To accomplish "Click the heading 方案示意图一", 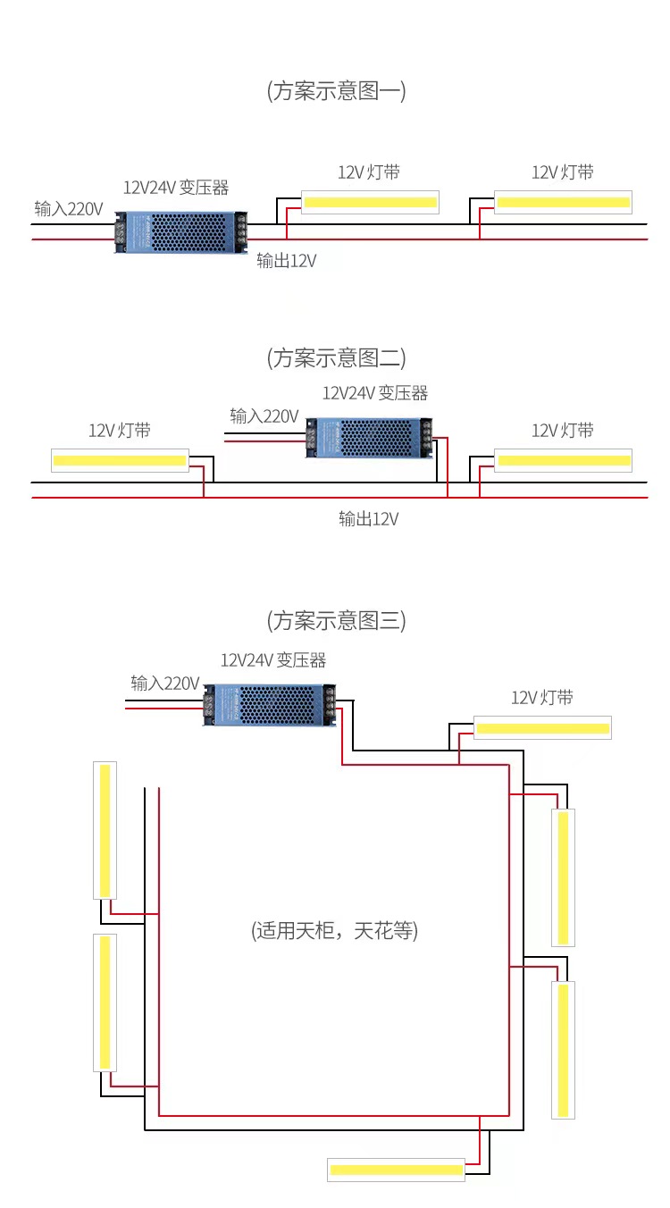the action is click(x=336, y=90).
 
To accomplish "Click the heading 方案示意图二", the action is click(x=336, y=357).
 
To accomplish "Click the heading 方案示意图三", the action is click(x=336, y=620).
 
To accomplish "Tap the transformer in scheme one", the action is click(x=181, y=232).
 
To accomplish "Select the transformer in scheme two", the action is click(x=369, y=438).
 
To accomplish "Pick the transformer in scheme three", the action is click(x=270, y=705).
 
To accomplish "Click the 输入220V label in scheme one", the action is click(x=69, y=209).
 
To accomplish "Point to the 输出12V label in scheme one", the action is click(x=286, y=261).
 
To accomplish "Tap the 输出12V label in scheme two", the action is click(x=369, y=519).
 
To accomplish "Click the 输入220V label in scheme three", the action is click(x=165, y=684).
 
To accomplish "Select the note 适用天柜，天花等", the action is click(x=334, y=930).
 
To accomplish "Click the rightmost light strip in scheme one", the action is click(x=564, y=202).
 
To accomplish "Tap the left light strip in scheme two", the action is click(x=121, y=460).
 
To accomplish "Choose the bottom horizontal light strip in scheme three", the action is click(x=396, y=1170).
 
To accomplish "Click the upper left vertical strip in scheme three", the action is click(x=105, y=831).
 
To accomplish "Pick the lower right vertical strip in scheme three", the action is click(x=564, y=1050).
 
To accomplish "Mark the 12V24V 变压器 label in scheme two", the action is click(x=375, y=393).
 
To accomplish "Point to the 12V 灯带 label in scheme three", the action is click(x=542, y=697).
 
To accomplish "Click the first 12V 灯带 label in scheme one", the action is click(x=369, y=172).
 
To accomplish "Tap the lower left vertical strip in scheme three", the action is click(x=105, y=1002).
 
